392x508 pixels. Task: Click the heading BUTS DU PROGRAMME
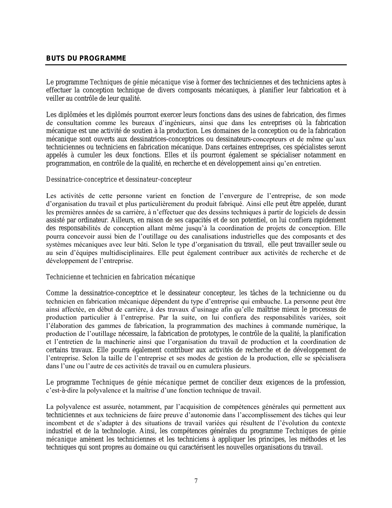coord(86,58)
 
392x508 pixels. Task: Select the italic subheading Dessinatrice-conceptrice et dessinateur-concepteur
coord(119,179)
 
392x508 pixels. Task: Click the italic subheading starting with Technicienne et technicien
coord(120,277)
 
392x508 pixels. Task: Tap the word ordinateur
coord(89,220)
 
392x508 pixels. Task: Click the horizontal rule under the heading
coord(196,65)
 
